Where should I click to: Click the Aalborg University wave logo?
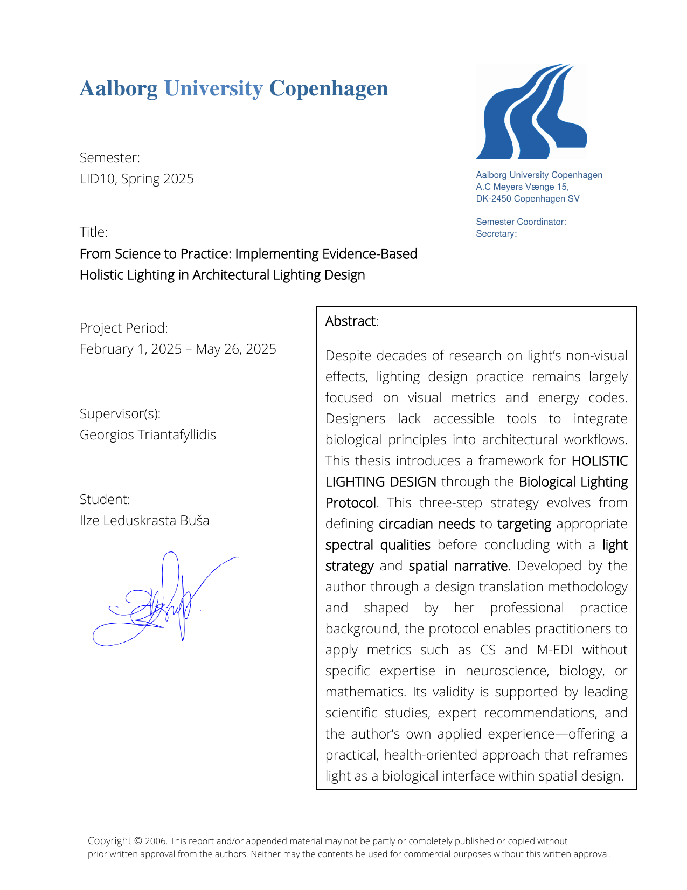[531, 112]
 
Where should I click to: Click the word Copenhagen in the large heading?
[328, 89]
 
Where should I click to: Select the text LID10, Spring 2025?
[137, 179]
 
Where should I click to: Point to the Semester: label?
[110, 158]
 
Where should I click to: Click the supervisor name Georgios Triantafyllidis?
[148, 435]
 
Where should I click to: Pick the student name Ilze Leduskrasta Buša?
[144, 521]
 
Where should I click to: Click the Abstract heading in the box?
[351, 321]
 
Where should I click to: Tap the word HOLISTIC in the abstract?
[599, 461]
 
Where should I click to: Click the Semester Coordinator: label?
[521, 222]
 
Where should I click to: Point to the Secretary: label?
[496, 234]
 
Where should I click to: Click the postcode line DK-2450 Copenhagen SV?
[528, 199]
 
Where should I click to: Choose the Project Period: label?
[123, 328]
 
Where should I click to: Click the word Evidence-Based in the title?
[370, 254]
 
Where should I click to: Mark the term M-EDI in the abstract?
[555, 650]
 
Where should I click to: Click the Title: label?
[94, 232]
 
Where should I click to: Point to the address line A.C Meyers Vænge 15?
[522, 187]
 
